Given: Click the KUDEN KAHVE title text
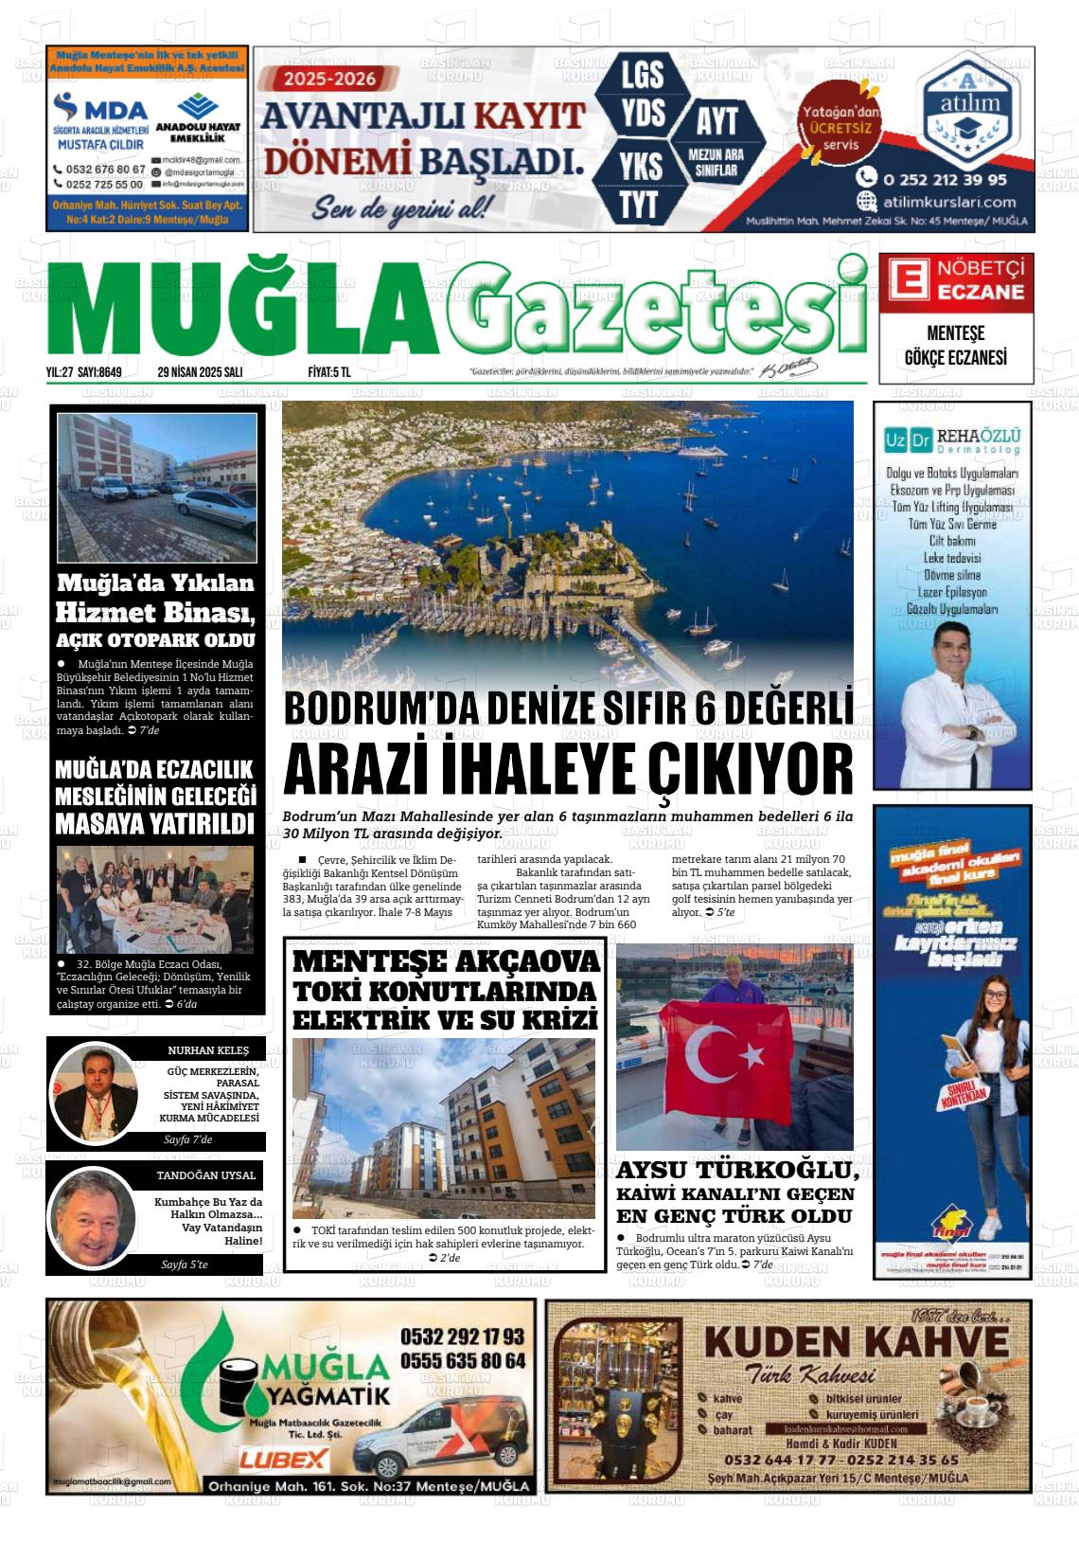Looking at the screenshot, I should click(x=857, y=1342).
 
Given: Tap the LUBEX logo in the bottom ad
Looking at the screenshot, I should click(x=283, y=1460).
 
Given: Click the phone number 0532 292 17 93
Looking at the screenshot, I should click(x=462, y=1336).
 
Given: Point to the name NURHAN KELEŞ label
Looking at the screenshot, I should click(x=208, y=1050).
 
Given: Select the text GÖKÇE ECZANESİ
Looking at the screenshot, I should click(x=955, y=357).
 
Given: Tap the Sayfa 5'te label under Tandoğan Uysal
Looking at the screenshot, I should click(x=185, y=1264).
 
